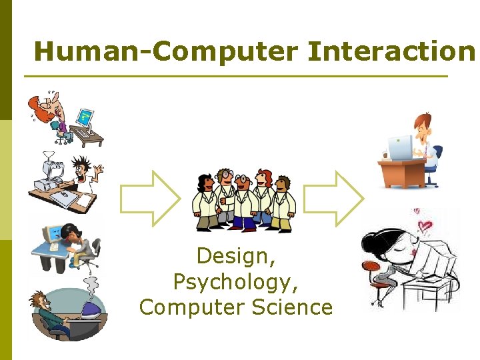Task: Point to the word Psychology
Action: click(x=235, y=282)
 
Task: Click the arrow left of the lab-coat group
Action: click(x=149, y=198)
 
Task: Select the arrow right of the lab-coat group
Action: click(x=333, y=198)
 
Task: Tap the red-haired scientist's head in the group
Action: click(x=265, y=179)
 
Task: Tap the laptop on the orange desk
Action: click(x=401, y=149)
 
